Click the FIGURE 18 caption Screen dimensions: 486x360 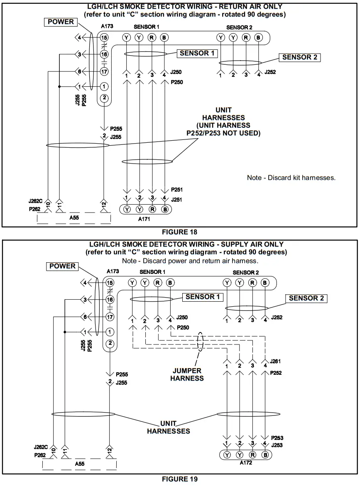coord(180,232)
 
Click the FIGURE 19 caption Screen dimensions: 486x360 coord(180,479)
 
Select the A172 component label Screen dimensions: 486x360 coord(246,463)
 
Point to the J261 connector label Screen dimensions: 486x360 coord(276,362)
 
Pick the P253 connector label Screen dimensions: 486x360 coord(277,438)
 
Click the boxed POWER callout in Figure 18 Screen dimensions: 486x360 coord(61,22)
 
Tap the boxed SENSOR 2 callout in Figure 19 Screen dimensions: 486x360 coord(306,298)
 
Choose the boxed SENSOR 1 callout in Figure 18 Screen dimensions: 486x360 coord(197,53)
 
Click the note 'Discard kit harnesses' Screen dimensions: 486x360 coord(291,178)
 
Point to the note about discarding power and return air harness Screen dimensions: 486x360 coord(190,261)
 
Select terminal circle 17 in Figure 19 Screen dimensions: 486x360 coord(110,317)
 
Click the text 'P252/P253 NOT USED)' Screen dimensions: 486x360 coord(223,133)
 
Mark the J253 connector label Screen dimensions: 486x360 coord(277,445)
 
